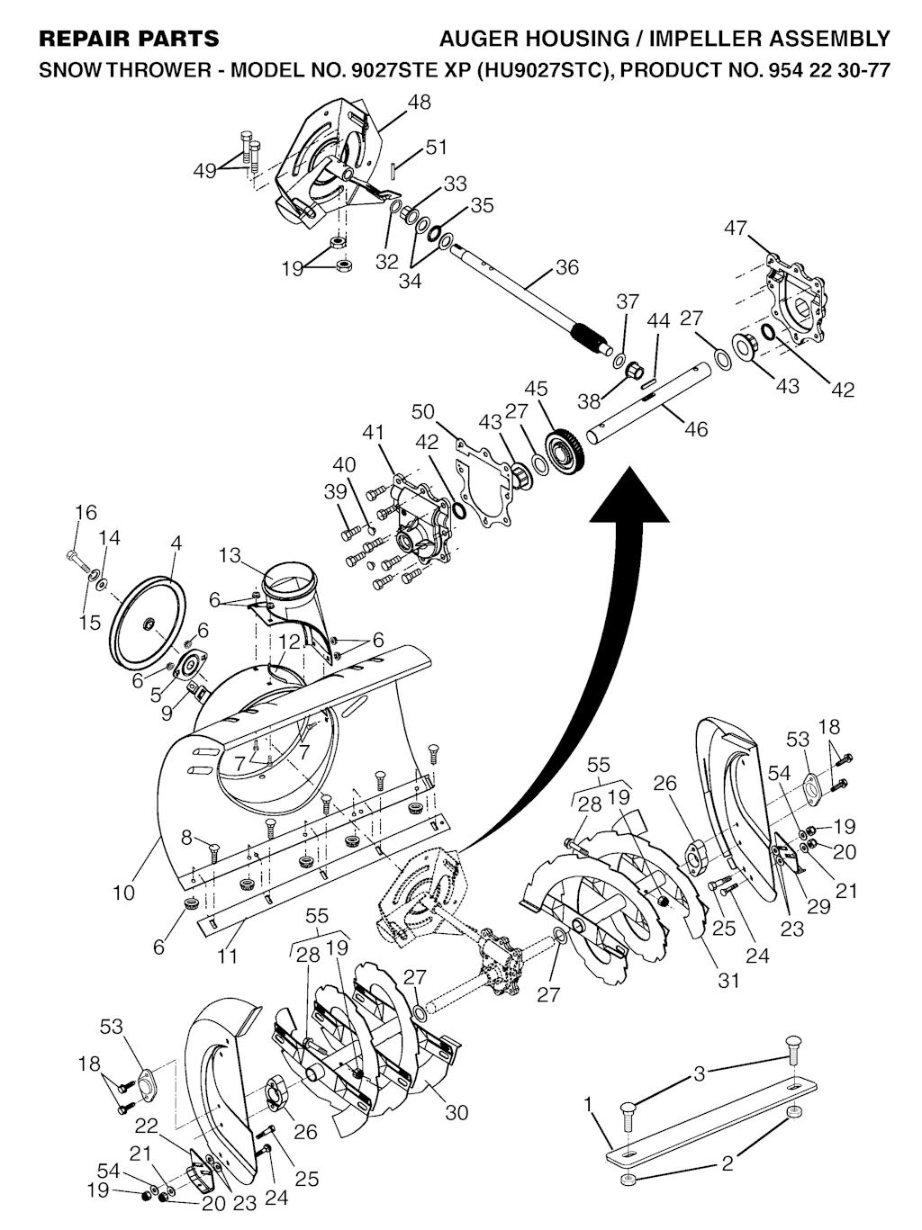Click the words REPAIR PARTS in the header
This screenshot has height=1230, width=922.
click(x=129, y=39)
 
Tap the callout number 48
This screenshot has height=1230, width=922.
click(x=420, y=102)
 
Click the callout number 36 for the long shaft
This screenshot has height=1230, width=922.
click(x=566, y=267)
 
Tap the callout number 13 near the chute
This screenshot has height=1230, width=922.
click(x=230, y=556)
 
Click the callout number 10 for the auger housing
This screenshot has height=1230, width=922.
click(x=124, y=893)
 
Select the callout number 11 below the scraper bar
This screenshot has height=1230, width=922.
click(x=228, y=956)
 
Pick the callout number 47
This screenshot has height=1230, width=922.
click(x=736, y=228)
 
